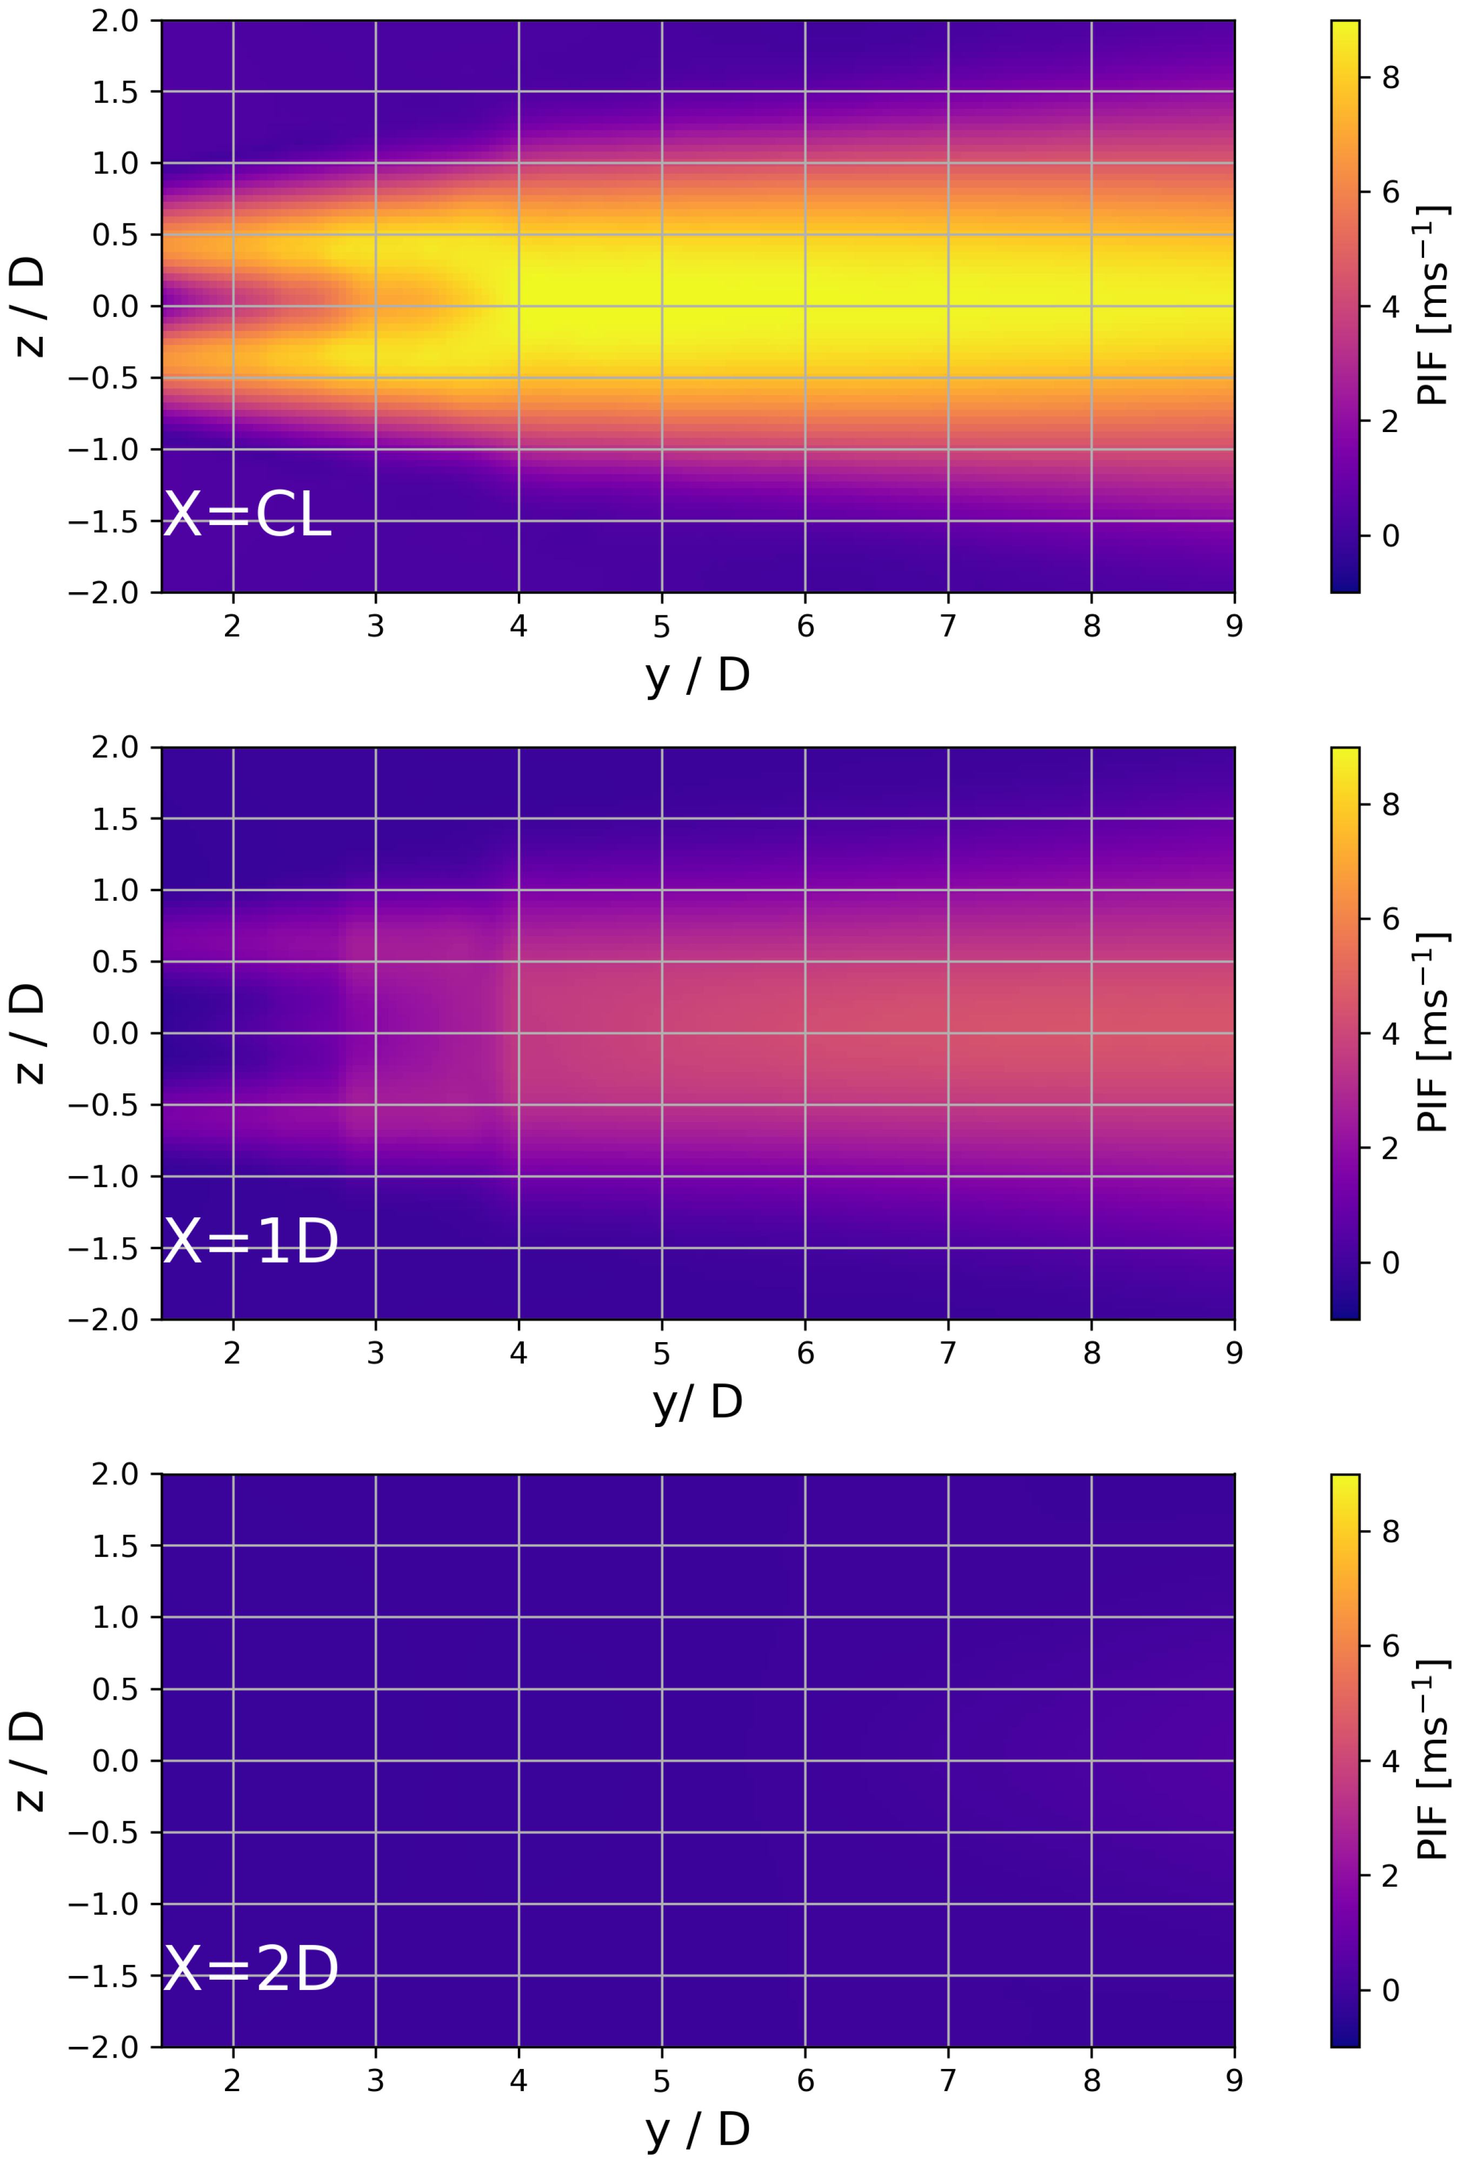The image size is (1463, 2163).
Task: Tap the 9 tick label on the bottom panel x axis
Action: coord(1234,2081)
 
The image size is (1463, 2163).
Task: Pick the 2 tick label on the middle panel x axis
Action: coord(232,1353)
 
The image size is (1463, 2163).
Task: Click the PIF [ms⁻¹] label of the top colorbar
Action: coord(1431,306)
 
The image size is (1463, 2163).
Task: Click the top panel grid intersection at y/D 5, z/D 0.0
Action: coord(662,306)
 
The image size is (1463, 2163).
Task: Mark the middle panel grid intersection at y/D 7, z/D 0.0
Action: coord(948,1033)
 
